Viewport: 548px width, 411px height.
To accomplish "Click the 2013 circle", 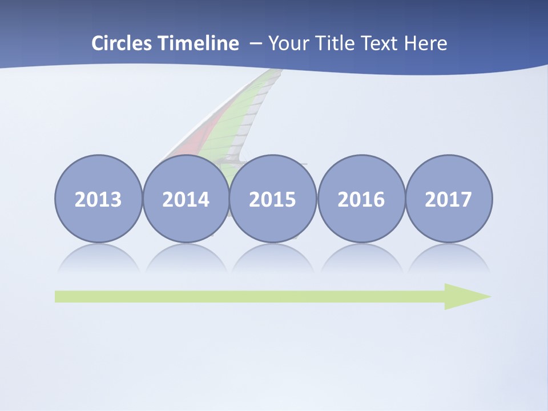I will pyautogui.click(x=98, y=199).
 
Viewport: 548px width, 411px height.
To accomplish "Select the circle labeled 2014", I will pyautogui.click(x=186, y=199).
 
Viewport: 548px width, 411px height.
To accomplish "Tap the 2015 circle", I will pyautogui.click(x=273, y=199).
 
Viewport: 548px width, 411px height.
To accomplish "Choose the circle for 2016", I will pyautogui.click(x=361, y=199).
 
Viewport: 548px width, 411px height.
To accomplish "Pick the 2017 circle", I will pyautogui.click(x=448, y=199).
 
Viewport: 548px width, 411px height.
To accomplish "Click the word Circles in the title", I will pyautogui.click(x=122, y=43).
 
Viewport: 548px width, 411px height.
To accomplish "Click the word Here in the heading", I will pyautogui.click(x=425, y=43).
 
